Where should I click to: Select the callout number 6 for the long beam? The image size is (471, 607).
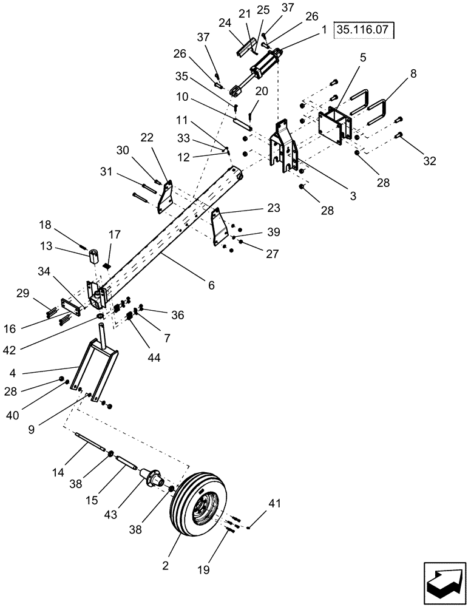pos(211,284)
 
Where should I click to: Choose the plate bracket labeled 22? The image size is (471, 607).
pos(164,197)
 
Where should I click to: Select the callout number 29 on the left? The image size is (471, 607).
pos(22,293)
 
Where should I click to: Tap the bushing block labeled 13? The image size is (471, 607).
pos(93,256)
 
